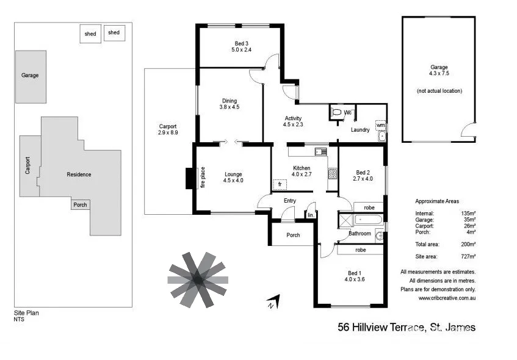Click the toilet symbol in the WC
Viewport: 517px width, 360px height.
(x=336, y=113)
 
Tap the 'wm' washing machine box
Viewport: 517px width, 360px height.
(x=380, y=125)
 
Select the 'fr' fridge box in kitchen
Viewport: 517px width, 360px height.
(x=280, y=184)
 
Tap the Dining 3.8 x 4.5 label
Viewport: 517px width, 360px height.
(x=230, y=104)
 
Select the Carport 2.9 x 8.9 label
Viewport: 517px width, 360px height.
(x=167, y=129)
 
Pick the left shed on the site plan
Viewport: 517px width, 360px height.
(x=90, y=34)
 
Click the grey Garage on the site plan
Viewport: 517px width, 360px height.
(x=31, y=76)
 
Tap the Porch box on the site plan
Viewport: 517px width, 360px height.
(x=80, y=205)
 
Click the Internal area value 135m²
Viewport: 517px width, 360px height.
(x=468, y=213)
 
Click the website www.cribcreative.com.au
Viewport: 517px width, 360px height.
(x=447, y=298)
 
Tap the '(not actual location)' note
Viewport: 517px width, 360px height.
(x=439, y=91)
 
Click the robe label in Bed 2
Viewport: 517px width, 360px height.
(x=360, y=207)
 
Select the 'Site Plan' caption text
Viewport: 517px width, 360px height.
(x=26, y=312)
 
